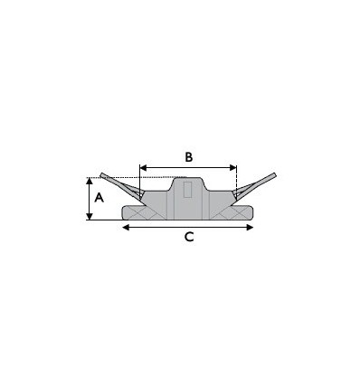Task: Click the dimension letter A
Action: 99,198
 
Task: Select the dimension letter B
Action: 188,157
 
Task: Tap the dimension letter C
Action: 189,237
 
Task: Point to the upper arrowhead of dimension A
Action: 90,181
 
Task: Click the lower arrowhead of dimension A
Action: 90,216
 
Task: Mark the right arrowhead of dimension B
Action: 233,167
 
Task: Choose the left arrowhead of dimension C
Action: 126,228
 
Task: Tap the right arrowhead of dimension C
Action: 250,228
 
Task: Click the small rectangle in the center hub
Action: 187,190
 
